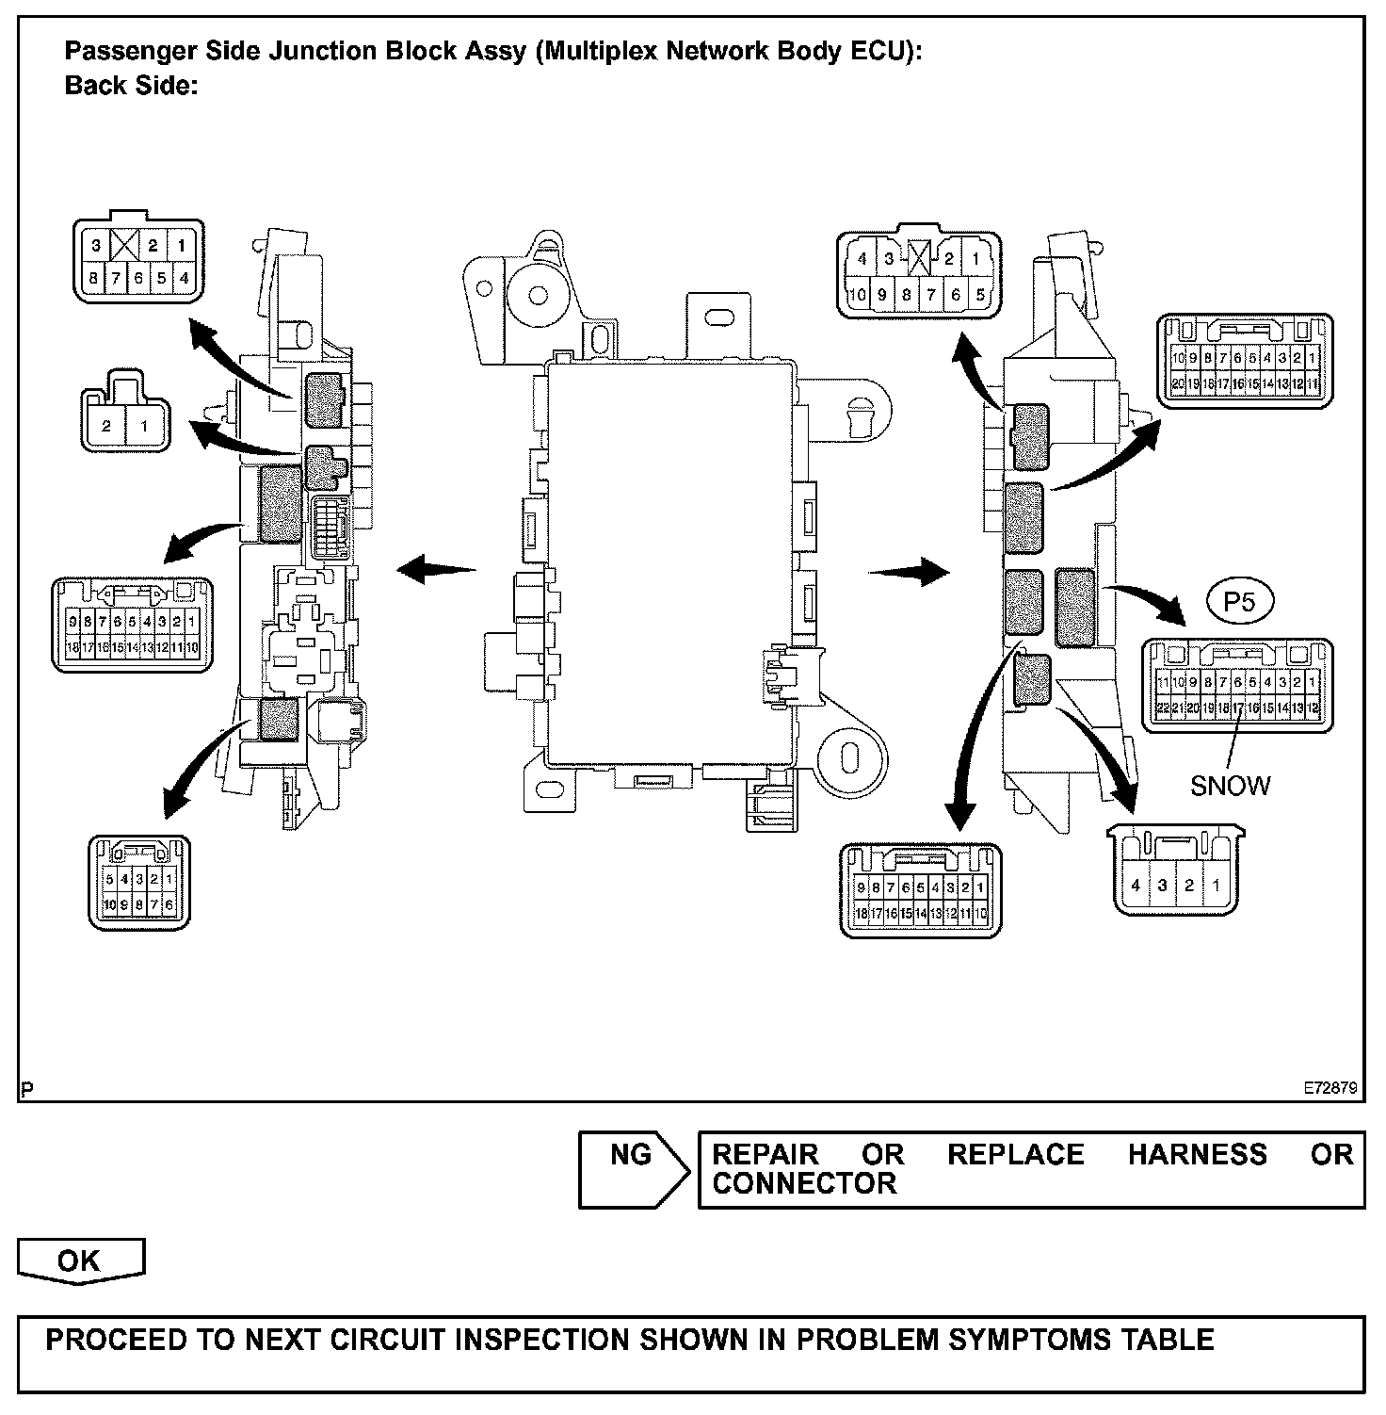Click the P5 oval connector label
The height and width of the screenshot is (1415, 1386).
coord(1240,601)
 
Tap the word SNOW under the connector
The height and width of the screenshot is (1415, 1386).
coord(1230,786)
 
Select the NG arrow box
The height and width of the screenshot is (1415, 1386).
coord(633,1168)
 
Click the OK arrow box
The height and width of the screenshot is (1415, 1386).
coord(81,1261)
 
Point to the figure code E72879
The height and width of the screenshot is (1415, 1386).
coord(1330,1087)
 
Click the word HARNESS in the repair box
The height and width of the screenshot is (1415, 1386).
coord(1197,1155)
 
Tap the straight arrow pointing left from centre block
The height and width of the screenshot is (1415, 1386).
coord(436,569)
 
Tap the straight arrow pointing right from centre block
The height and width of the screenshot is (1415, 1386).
coord(909,571)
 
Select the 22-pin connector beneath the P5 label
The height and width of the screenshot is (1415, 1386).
coord(1237,686)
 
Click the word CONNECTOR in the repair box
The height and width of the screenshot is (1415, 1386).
coord(804,1184)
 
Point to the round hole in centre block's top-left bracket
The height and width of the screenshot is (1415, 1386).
coord(539,296)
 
